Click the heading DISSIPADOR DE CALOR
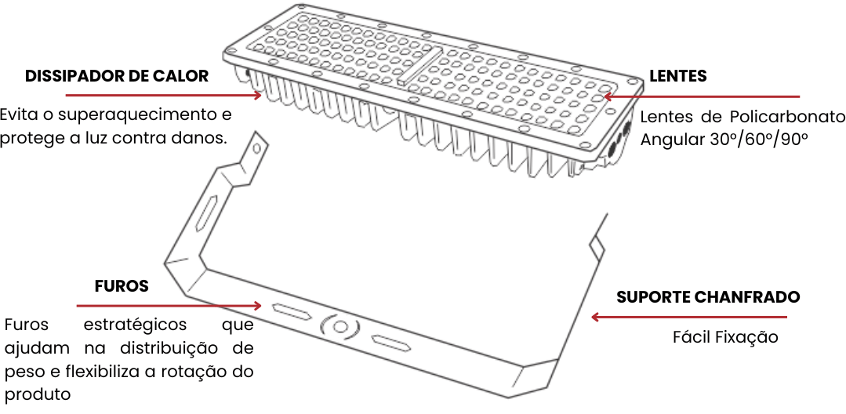click(117, 76)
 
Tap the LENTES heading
click(677, 76)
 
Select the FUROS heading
click(122, 286)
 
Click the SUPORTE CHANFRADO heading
click(708, 297)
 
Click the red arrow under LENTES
click(701, 97)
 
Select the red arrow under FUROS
click(169, 305)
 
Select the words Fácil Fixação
click(725, 338)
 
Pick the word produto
click(37, 393)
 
